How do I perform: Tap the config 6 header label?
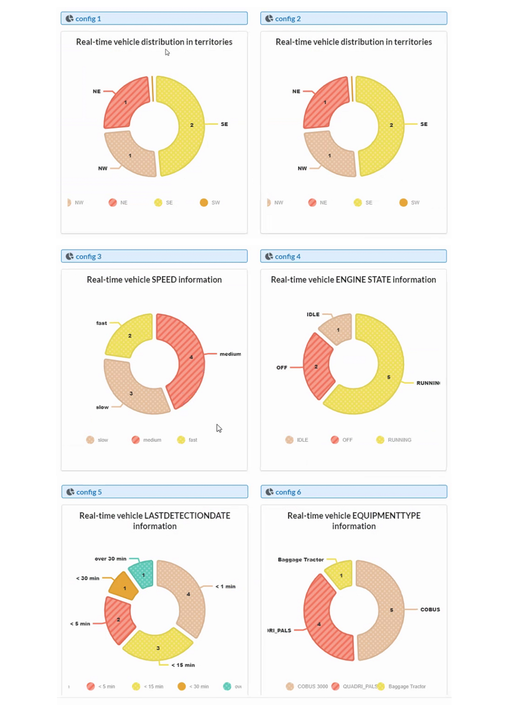coord(288,492)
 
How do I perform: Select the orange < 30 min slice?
coord(124,587)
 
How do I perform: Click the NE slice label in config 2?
coord(296,91)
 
